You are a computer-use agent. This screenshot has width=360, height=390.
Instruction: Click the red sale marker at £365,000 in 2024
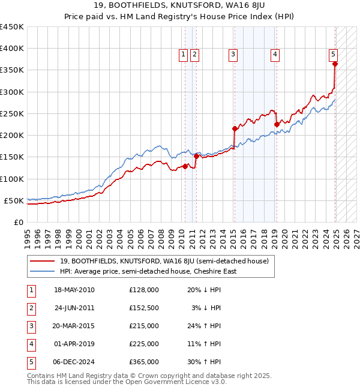coord(335,64)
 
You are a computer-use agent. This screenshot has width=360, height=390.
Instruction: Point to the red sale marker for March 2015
coord(235,128)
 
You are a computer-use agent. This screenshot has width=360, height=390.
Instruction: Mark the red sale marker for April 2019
coord(277,124)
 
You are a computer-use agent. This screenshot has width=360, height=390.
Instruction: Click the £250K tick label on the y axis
coord(12,113)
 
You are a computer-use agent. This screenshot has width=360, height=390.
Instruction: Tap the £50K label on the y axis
coord(14,200)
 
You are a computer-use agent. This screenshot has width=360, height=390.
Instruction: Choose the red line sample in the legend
coord(43,261)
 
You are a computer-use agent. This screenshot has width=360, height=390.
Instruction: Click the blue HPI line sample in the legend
coord(43,271)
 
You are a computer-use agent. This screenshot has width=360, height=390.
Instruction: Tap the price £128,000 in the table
coord(143,290)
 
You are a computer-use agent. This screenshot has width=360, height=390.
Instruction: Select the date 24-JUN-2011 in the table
coord(74,308)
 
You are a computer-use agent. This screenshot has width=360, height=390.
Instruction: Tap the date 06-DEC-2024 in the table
coord(74,362)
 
